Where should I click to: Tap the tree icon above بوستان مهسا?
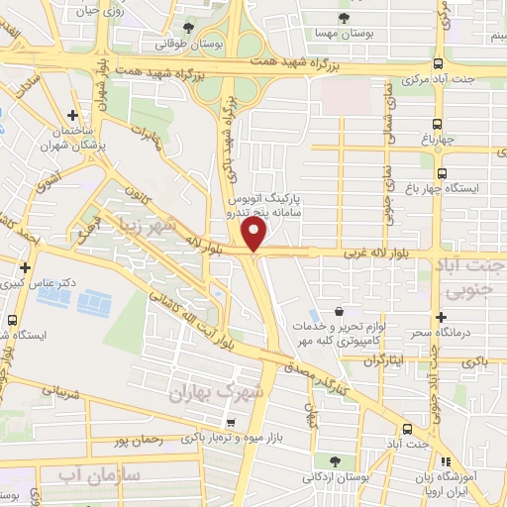344,18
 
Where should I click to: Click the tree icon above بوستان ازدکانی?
335,460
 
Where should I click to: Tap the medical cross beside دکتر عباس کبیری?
25,268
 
